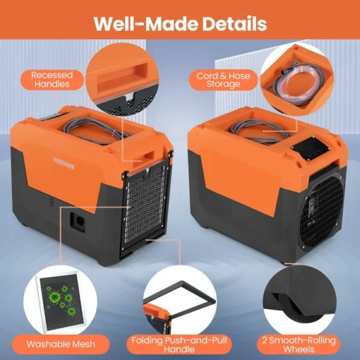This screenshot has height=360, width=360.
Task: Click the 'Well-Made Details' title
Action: click(180, 23)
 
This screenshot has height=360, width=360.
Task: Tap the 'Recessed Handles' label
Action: click(52, 79)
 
